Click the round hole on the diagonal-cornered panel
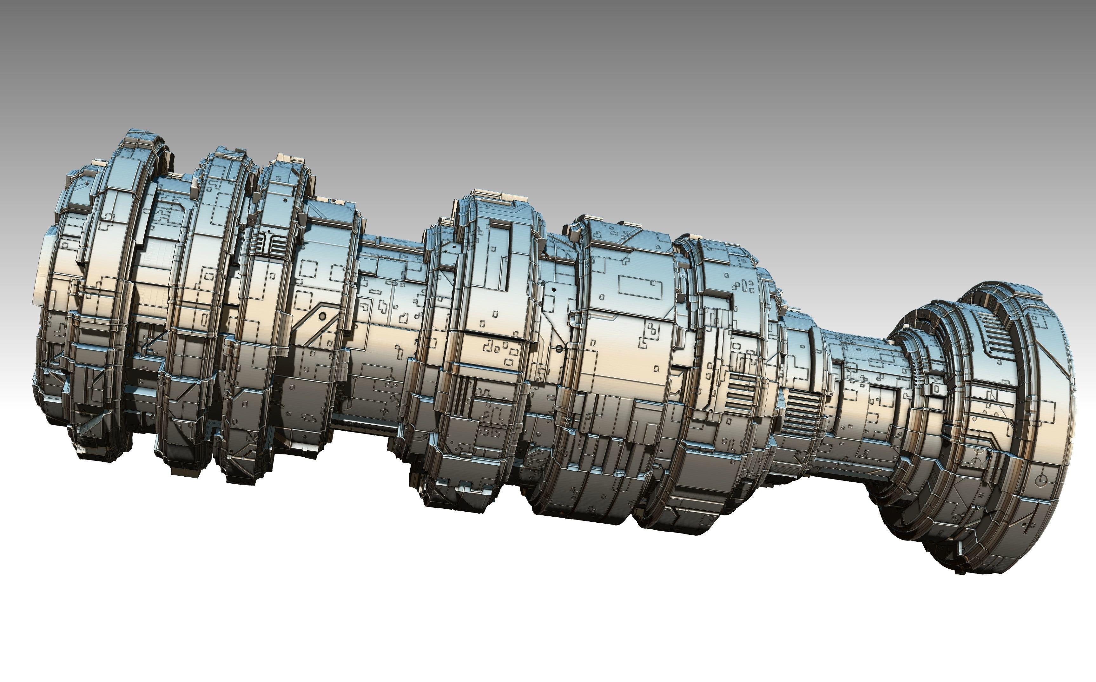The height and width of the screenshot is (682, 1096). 322,316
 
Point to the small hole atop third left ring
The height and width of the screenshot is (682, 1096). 285,199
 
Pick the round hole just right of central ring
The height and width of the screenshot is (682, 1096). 560,349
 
